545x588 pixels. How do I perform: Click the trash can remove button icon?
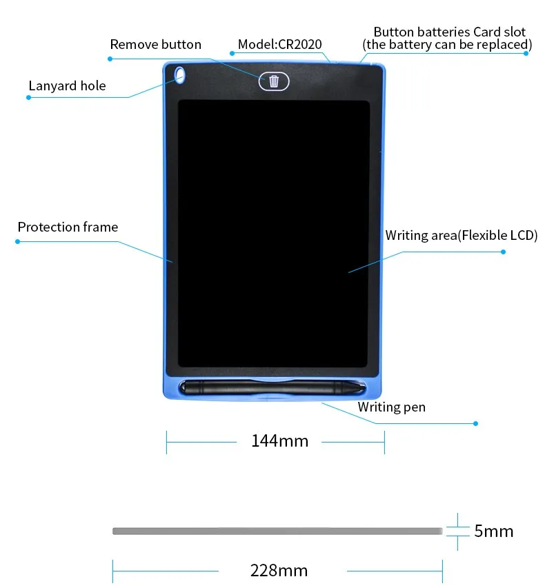[x=274, y=81]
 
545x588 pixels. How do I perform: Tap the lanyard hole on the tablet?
[x=181, y=75]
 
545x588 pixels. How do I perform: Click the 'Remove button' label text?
[x=156, y=45]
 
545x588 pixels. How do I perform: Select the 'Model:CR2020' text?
[x=279, y=45]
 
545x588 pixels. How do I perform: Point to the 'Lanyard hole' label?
[x=68, y=86]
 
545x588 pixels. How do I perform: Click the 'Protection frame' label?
[x=68, y=227]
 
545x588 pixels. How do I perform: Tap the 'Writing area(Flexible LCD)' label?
[x=461, y=236]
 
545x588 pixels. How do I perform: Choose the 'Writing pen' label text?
[x=391, y=407]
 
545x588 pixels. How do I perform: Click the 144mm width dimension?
[x=279, y=440]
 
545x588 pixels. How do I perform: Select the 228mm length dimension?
[x=279, y=571]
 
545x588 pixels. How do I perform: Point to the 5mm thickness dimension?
[x=493, y=531]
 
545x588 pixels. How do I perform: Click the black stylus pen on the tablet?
[x=272, y=388]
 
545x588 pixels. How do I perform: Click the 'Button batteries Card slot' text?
[x=449, y=32]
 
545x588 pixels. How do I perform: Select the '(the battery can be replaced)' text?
[x=447, y=45]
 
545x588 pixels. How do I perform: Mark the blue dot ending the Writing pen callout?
[x=475, y=423]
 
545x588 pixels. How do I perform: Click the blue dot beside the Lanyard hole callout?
[x=29, y=97]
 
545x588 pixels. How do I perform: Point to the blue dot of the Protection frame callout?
[x=18, y=241]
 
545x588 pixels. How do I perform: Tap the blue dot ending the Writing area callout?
[x=503, y=252]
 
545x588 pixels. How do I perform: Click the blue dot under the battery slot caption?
[x=526, y=53]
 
